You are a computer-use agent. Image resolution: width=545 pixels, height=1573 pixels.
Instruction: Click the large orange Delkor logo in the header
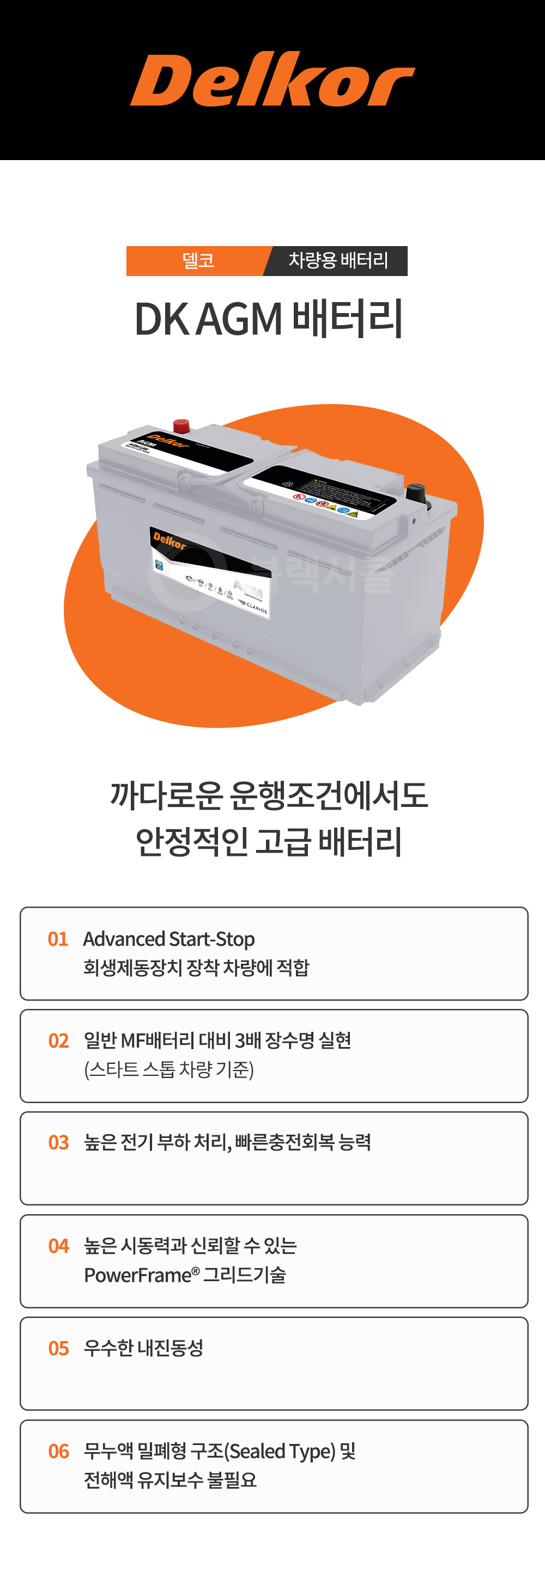tap(272, 80)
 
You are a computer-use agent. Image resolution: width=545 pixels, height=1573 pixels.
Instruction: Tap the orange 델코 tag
tap(198, 261)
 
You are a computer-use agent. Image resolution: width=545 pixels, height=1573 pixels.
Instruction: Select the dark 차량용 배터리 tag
tap(338, 261)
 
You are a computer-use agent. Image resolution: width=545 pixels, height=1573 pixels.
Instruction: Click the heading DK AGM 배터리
tap(269, 319)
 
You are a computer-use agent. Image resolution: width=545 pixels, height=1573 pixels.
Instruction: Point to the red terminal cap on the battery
tap(181, 425)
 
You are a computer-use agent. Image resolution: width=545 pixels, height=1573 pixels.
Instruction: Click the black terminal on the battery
tap(415, 492)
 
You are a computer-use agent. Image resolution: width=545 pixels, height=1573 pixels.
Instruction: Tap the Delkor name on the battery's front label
tap(169, 541)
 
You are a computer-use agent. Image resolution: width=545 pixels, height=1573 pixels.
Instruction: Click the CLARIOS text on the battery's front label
tap(256, 608)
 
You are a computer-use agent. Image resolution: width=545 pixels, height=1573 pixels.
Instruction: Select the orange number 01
tap(58, 939)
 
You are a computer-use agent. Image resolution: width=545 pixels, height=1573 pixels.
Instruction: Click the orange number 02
tap(59, 1040)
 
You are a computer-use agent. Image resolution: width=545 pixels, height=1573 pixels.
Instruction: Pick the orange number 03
tap(59, 1142)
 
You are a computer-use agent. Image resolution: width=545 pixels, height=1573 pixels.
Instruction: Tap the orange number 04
tap(59, 1246)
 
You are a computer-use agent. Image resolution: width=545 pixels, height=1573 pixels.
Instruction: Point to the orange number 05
tap(59, 1348)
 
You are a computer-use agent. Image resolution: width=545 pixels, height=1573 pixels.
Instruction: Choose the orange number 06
tap(59, 1451)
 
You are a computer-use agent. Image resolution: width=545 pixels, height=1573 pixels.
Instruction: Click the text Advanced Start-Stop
tap(168, 939)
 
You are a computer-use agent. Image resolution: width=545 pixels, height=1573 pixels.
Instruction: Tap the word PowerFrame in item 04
tap(138, 1275)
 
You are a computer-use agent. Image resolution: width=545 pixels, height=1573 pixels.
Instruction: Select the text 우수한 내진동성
tap(143, 1348)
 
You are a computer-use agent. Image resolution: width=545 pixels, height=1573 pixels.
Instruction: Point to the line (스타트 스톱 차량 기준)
tap(168, 1069)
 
